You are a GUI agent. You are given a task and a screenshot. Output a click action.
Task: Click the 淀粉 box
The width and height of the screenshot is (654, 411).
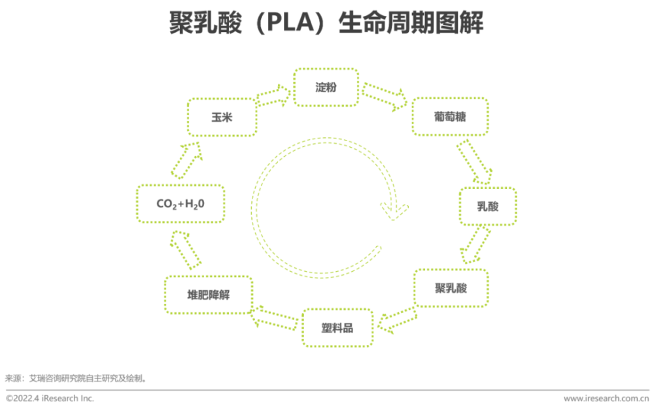click(x=326, y=87)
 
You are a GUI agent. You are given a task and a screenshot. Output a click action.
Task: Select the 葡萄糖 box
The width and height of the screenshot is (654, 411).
click(x=451, y=117)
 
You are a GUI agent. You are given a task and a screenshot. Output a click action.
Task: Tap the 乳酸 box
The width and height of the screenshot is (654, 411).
click(x=487, y=206)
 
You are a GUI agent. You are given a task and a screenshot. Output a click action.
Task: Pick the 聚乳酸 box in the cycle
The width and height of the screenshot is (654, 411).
click(x=451, y=288)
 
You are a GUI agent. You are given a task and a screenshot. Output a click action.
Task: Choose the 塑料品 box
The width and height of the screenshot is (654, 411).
click(x=337, y=327)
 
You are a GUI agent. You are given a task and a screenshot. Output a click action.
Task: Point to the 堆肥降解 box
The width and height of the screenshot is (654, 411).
click(x=209, y=295)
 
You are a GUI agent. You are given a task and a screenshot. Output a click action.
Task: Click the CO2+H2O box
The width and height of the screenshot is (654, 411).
click(x=181, y=204)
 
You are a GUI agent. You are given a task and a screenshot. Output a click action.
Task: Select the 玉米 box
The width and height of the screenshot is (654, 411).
click(x=222, y=118)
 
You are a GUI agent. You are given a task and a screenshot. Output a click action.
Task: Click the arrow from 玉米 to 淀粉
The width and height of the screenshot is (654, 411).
click(x=274, y=95)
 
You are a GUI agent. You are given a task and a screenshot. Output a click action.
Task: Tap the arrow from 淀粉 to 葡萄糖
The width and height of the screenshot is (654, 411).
click(x=385, y=96)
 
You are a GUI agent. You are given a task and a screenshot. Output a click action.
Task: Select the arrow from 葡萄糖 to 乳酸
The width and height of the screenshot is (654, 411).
click(x=473, y=162)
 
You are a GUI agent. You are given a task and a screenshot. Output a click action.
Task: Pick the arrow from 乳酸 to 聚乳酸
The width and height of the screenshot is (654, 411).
click(x=475, y=246)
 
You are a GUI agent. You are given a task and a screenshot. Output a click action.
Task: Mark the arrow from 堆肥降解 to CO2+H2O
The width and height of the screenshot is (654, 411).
click(x=186, y=249)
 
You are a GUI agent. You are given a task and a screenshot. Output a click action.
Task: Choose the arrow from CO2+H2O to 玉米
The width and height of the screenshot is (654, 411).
click(x=187, y=160)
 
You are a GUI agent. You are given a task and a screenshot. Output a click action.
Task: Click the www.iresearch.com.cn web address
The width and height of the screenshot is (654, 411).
click(x=606, y=398)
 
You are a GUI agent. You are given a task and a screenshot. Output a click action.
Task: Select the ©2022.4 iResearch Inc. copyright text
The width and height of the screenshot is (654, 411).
click(x=50, y=398)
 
